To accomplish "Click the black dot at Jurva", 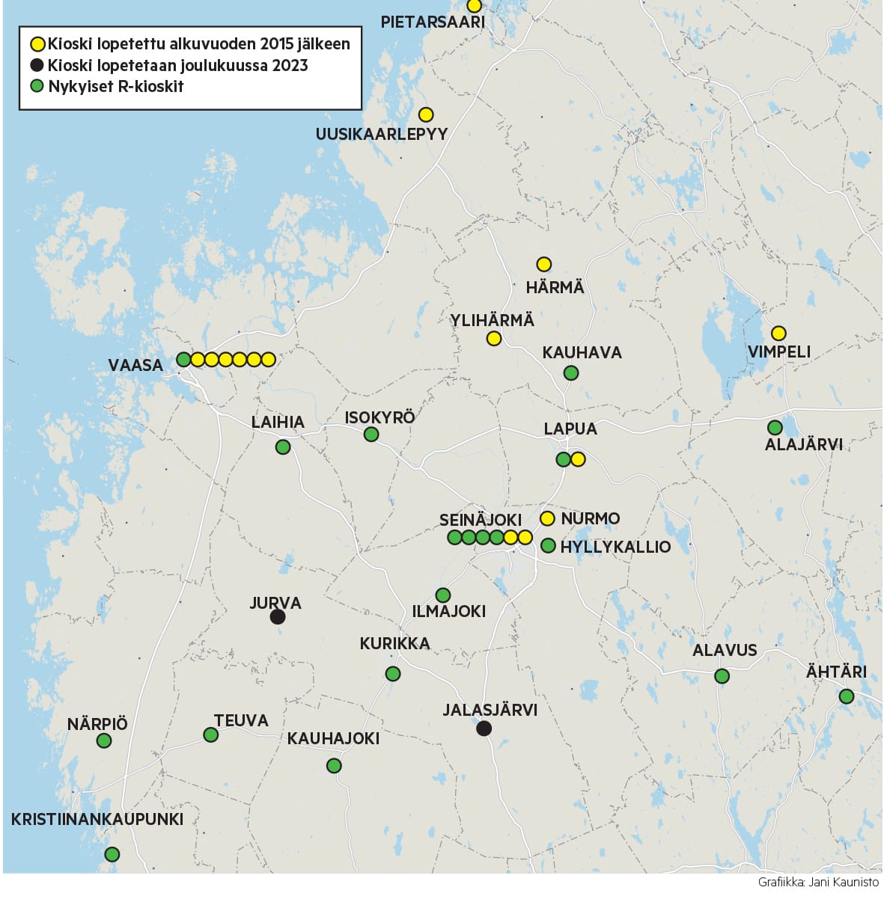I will click(x=278, y=617).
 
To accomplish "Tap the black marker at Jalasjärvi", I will click(x=484, y=729).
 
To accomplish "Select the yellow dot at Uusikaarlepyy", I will click(x=426, y=115).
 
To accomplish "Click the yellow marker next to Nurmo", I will click(x=547, y=518).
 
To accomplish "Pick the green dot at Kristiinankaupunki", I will click(x=112, y=854).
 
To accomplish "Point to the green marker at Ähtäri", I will click(x=847, y=696).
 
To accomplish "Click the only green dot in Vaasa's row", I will click(x=183, y=360).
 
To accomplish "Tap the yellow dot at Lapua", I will click(x=578, y=459).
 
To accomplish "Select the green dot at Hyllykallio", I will click(x=548, y=546).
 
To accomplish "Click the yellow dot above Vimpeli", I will click(x=778, y=333).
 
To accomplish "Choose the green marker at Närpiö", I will click(x=104, y=740).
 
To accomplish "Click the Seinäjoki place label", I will click(x=481, y=520).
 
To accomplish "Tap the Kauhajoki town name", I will click(x=333, y=739).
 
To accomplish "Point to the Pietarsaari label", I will click(x=433, y=22).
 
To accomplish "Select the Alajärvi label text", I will click(x=804, y=445).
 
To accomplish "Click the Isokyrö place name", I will click(x=379, y=417).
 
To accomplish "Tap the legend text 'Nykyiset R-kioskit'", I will click(x=116, y=86).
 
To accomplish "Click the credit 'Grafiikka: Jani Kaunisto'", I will click(x=818, y=883).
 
